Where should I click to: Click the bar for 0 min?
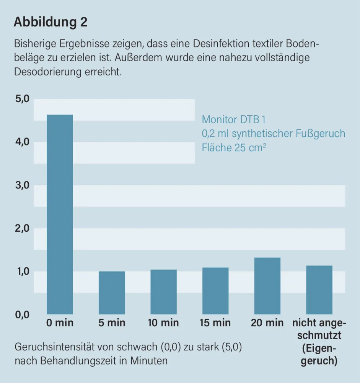pos(60,214)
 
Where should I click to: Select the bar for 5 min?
pos(112,293)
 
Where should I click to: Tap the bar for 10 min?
pos(163,292)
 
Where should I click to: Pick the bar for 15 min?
pos(215,291)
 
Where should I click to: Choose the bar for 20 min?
pos(267,286)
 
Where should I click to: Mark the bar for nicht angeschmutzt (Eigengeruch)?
pos(319,290)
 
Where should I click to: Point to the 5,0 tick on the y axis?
pos(22,99)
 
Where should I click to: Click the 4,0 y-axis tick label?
pos(22,142)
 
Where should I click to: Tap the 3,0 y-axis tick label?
pos(22,185)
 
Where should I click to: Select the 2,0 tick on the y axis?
pos(22,229)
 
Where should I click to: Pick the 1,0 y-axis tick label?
pos(22,272)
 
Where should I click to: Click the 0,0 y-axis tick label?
pos(22,315)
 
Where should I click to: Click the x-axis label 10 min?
pos(163,323)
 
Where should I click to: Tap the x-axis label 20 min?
pos(267,323)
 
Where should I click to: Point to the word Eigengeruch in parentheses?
pos(319,355)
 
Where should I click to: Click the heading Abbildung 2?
pos(50,22)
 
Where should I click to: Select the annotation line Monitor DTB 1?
pos(233,119)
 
